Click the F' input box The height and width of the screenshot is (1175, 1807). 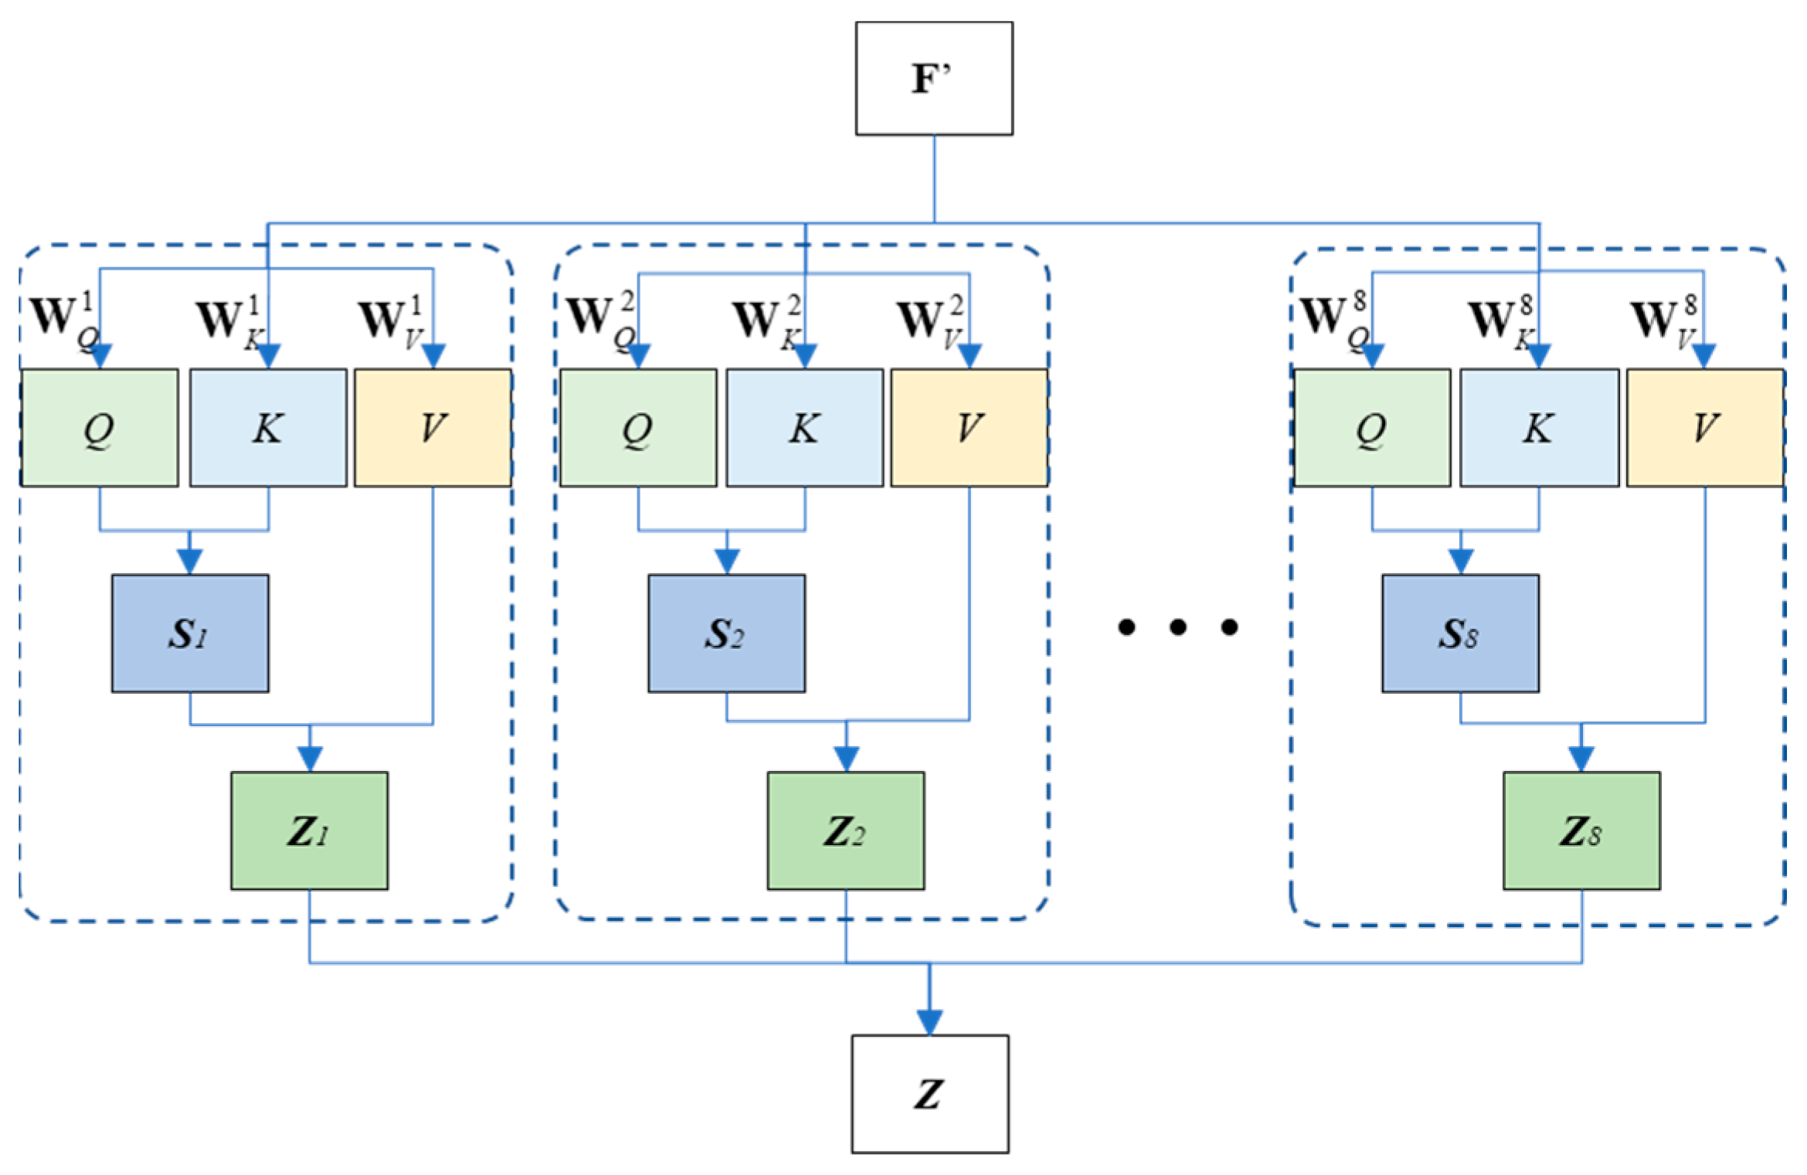(x=933, y=78)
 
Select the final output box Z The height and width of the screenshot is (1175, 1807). (x=929, y=1094)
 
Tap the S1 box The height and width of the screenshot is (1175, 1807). (x=190, y=633)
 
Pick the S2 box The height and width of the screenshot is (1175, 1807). (x=726, y=633)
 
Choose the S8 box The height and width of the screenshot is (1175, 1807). (x=1460, y=633)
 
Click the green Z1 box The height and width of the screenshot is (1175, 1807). (x=309, y=830)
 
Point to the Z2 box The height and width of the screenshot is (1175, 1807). (x=845, y=830)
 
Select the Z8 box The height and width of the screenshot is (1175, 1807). (x=1581, y=830)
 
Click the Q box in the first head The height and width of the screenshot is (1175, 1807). (x=99, y=427)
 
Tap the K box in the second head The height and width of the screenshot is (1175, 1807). (x=804, y=427)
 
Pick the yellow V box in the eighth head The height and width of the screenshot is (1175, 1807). (x=1705, y=427)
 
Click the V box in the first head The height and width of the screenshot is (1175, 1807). (x=433, y=427)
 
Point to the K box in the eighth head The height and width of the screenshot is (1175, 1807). (x=1539, y=427)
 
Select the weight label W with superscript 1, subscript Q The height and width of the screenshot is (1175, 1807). (x=65, y=318)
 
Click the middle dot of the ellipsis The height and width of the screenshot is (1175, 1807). (x=1177, y=627)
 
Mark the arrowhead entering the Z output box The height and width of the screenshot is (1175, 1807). (x=929, y=1022)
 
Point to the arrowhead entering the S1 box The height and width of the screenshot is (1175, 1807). (x=190, y=561)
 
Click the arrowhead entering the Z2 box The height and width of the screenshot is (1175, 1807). (x=847, y=759)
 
